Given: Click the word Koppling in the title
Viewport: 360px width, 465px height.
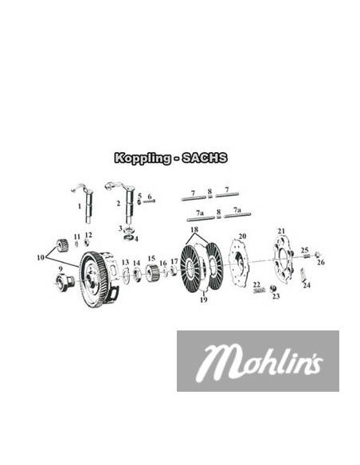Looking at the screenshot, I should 141,158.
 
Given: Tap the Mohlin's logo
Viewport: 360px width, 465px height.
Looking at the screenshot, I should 256,361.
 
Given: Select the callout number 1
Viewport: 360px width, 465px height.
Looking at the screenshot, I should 80,205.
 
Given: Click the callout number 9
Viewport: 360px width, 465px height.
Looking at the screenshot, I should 58,269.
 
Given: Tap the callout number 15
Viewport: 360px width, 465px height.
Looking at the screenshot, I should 151,259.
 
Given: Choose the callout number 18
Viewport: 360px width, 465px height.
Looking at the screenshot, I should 194,229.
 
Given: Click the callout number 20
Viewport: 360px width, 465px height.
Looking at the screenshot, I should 242,236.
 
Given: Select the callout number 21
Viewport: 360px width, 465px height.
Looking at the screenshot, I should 280,231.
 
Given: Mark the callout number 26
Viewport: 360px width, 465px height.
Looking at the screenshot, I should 320,262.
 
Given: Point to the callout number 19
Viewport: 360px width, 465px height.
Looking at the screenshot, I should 203,299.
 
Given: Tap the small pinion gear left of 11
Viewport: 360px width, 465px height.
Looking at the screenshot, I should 58,245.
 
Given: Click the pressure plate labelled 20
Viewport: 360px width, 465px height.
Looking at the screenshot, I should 238,267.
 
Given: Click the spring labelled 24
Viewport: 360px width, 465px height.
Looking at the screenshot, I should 303,274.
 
